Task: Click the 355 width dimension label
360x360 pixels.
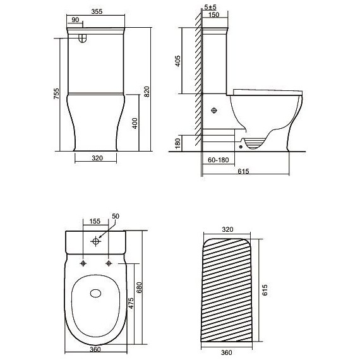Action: point(97,11)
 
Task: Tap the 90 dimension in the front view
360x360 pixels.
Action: point(75,20)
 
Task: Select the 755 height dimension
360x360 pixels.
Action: point(56,93)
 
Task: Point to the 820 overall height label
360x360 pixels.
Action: point(147,92)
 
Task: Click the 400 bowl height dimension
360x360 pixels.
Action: point(135,123)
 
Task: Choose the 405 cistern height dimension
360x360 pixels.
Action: point(177,61)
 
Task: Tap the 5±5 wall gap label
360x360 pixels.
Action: point(210,7)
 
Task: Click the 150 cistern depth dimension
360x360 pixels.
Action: point(213,15)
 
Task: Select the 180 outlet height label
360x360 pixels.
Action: point(177,143)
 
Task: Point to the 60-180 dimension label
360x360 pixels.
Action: point(218,160)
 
